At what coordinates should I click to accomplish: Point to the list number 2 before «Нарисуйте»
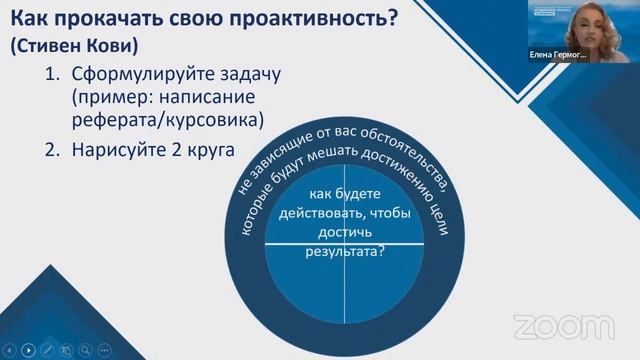51,150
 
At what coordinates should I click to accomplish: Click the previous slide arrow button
10,349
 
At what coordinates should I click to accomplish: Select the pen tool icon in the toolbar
48,349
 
